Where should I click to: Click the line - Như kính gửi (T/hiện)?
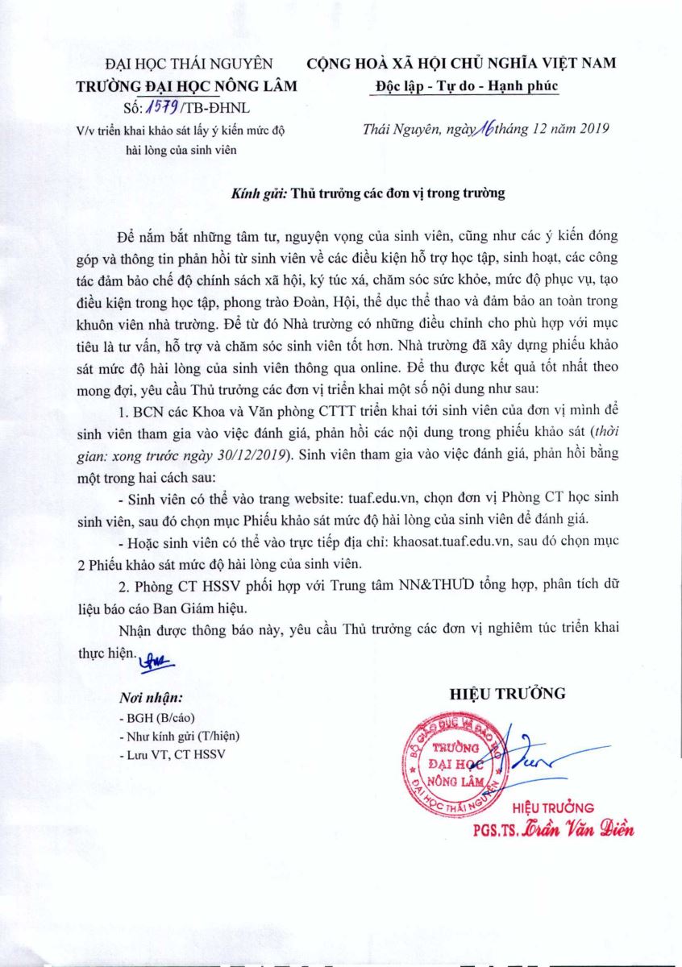[x=177, y=736]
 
